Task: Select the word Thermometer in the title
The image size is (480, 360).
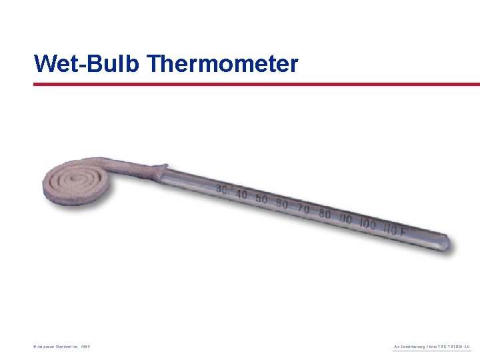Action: (x=222, y=64)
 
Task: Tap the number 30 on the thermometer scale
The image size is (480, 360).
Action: (x=221, y=191)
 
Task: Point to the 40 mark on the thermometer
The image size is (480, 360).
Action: (x=241, y=195)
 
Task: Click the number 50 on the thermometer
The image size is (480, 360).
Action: (x=261, y=199)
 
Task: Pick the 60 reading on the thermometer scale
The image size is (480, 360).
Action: (x=281, y=203)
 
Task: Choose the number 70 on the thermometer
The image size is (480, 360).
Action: (x=303, y=209)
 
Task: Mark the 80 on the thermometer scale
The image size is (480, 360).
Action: (x=325, y=214)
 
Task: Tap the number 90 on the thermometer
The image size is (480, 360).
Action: (x=345, y=219)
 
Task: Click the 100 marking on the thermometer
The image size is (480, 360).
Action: (x=367, y=224)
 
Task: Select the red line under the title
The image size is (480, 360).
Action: (x=257, y=85)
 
